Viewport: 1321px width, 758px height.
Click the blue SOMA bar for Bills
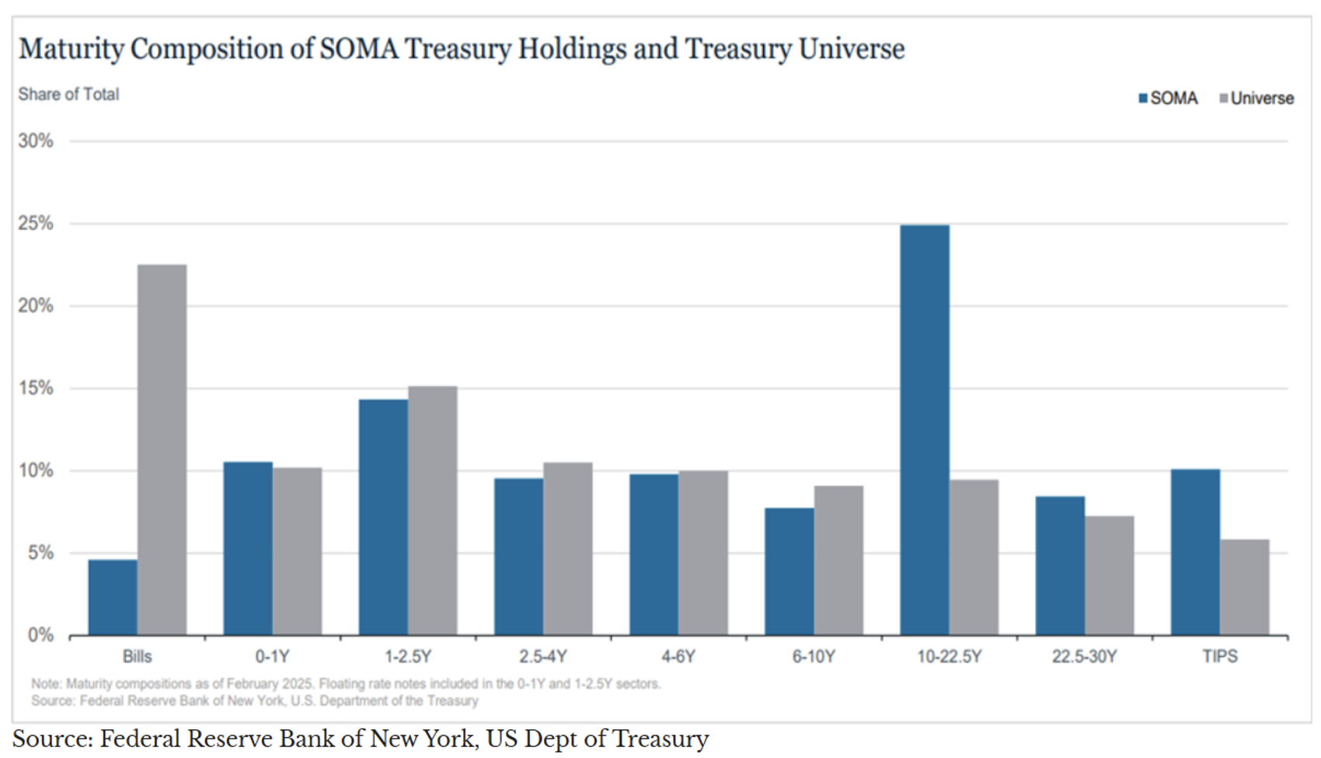coord(113,597)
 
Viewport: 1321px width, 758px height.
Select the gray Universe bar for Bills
coord(162,450)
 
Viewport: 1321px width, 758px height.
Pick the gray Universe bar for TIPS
coord(1244,587)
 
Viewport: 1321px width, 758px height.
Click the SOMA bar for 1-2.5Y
coord(383,517)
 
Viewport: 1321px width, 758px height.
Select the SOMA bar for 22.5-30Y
coord(1060,565)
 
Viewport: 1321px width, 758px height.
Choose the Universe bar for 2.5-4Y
coord(568,549)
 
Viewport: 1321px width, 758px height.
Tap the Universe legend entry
coord(1257,99)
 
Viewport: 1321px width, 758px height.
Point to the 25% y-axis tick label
coord(36,224)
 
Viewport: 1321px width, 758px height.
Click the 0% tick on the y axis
coord(40,635)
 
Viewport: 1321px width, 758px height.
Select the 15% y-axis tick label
coord(36,388)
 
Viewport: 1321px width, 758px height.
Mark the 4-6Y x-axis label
coord(678,657)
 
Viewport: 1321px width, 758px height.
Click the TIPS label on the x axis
coord(1220,657)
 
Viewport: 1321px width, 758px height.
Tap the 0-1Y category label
coord(272,657)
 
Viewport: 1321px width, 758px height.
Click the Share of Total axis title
coord(68,95)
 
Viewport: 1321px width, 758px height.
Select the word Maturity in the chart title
coord(71,50)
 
